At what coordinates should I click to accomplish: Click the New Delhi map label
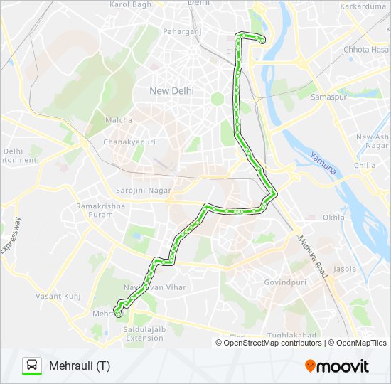pyautogui.click(x=171, y=90)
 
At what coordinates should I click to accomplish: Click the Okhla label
pyautogui.click(x=333, y=218)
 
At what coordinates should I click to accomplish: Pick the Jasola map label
pyautogui.click(x=344, y=270)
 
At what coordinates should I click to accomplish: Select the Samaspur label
pyautogui.click(x=328, y=96)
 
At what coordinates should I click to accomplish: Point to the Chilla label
pyautogui.click(x=364, y=166)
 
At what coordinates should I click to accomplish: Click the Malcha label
pyautogui.click(x=119, y=120)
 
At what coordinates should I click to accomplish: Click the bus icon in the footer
pyautogui.click(x=31, y=366)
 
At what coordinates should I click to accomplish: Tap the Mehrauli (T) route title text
pyautogui.click(x=80, y=366)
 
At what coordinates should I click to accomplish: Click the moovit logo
pyautogui.click(x=337, y=366)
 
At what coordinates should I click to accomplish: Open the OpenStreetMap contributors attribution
pyautogui.click(x=269, y=343)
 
